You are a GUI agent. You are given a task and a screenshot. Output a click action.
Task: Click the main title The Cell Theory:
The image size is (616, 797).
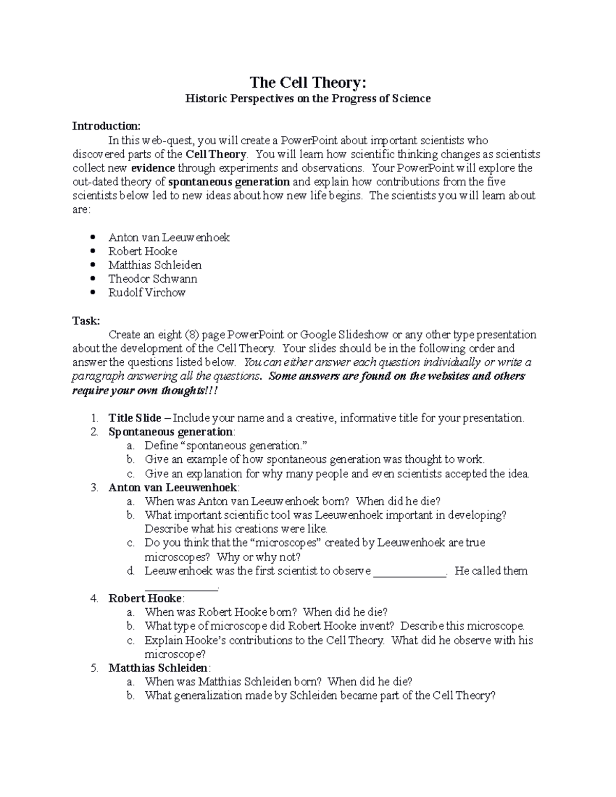pyautogui.click(x=308, y=82)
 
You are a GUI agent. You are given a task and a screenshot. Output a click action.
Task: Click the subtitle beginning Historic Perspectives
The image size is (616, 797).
pyautogui.click(x=308, y=99)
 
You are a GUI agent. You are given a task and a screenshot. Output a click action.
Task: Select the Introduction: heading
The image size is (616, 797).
pyautogui.click(x=106, y=126)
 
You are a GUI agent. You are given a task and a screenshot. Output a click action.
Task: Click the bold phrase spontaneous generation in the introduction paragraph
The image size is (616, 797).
pyautogui.click(x=229, y=182)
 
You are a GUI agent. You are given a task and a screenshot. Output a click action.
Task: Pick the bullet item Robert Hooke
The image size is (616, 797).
pyautogui.click(x=143, y=251)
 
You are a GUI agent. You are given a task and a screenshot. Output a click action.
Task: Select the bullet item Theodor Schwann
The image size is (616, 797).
pyautogui.click(x=152, y=279)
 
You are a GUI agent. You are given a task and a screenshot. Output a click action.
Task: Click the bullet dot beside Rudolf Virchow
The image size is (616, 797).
pyautogui.click(x=92, y=293)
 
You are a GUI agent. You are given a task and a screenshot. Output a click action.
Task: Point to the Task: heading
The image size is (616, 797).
pyautogui.click(x=86, y=321)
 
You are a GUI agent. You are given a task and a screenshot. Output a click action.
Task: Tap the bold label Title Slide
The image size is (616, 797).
pyautogui.click(x=134, y=418)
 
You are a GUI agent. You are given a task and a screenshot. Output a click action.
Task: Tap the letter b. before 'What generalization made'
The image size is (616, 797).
pyautogui.click(x=130, y=696)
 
